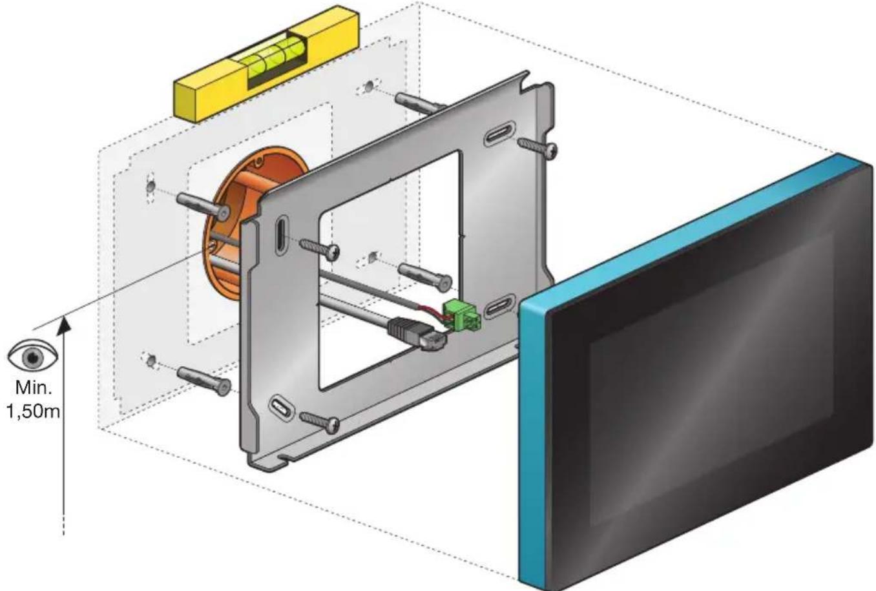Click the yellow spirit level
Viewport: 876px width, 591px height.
pyautogui.click(x=266, y=65)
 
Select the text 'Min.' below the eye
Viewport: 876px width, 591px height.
pyautogui.click(x=34, y=388)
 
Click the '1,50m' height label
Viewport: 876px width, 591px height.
pyautogui.click(x=33, y=412)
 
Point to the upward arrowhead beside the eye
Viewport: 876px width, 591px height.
pyautogui.click(x=63, y=327)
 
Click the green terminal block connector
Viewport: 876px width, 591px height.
pyautogui.click(x=461, y=315)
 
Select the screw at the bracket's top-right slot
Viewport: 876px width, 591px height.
pyautogui.click(x=537, y=148)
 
